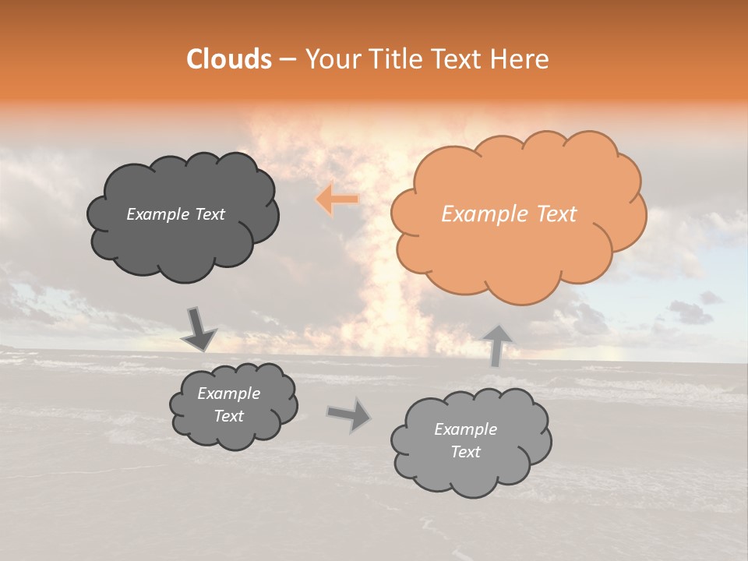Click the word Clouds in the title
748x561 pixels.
[x=229, y=59]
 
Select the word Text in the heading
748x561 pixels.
[x=455, y=59]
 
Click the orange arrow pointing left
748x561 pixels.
[x=337, y=199]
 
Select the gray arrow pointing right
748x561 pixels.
[x=349, y=415]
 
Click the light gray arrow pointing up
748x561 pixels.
[x=496, y=345]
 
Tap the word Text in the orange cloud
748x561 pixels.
[x=556, y=214]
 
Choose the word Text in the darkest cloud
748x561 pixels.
[x=210, y=214]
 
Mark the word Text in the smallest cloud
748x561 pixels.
[x=229, y=416]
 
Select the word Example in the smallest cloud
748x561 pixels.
[x=229, y=393]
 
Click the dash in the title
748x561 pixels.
[x=288, y=60]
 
